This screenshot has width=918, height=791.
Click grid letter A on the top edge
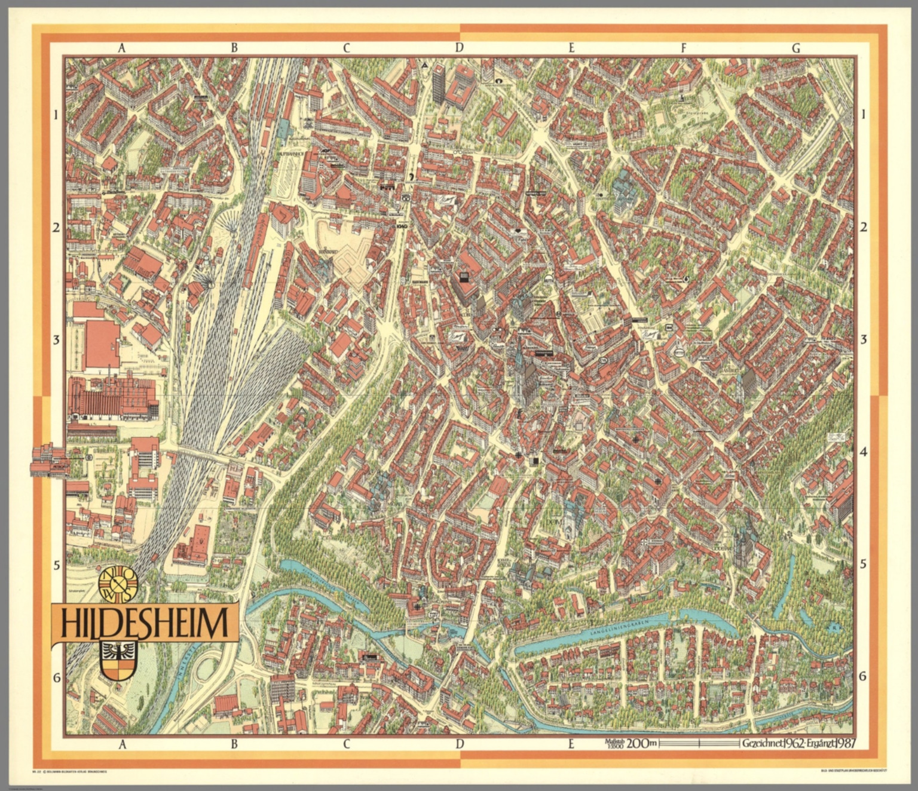[121, 48]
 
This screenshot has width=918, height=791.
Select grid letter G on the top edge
[795, 48]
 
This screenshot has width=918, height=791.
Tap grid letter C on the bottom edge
[346, 744]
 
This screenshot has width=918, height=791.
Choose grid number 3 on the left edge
[57, 339]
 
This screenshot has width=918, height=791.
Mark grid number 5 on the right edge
[863, 564]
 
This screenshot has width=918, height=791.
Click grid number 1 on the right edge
[863, 114]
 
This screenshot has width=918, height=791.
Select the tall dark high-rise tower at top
[439, 84]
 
